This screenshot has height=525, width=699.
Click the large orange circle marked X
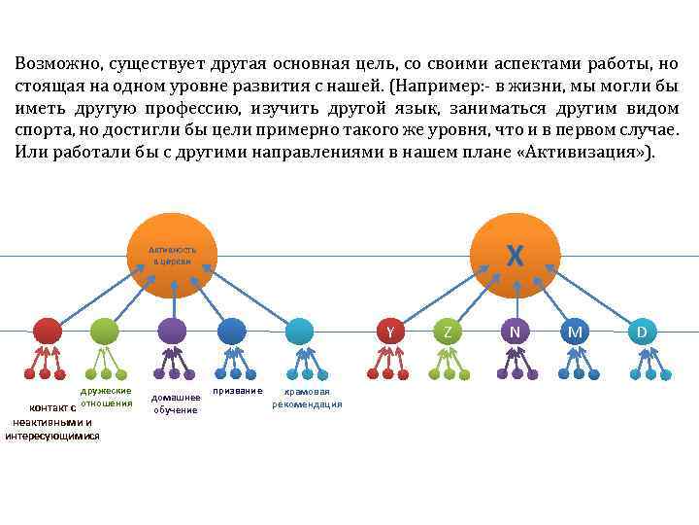point(515,257)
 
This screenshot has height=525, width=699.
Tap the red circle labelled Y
point(389,332)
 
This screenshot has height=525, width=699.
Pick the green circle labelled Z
point(447,332)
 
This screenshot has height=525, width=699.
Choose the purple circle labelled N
point(515,332)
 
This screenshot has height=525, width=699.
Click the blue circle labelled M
point(576,332)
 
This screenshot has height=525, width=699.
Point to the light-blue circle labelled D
point(642,332)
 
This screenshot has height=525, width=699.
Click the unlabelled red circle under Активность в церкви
point(47,332)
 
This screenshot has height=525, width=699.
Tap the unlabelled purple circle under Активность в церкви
point(172,332)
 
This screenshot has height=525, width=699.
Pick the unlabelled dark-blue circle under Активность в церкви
point(232,332)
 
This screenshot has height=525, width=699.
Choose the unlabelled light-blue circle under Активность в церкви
point(299,332)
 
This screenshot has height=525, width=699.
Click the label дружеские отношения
point(107,397)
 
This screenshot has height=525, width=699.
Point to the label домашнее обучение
point(176,402)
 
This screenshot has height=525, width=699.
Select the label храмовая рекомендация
point(307,398)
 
